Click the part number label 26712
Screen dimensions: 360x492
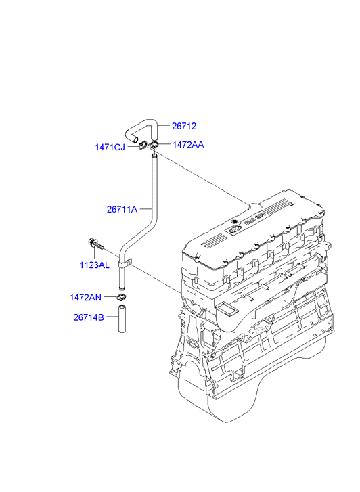click(184, 126)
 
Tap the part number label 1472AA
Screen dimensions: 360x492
click(188, 145)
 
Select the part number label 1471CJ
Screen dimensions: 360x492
click(110, 147)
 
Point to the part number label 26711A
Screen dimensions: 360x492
click(122, 209)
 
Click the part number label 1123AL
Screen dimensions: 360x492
click(95, 265)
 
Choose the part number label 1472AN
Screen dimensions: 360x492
click(85, 298)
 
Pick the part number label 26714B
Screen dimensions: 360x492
click(89, 317)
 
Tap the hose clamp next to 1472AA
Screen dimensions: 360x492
click(153, 145)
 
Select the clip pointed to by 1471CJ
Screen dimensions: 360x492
click(143, 145)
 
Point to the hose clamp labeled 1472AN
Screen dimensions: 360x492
click(121, 296)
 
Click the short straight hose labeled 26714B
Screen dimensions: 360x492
click(122, 319)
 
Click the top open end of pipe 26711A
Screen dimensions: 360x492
click(154, 156)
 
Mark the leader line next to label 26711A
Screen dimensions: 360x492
click(145, 208)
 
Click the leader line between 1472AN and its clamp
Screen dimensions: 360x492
click(110, 296)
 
